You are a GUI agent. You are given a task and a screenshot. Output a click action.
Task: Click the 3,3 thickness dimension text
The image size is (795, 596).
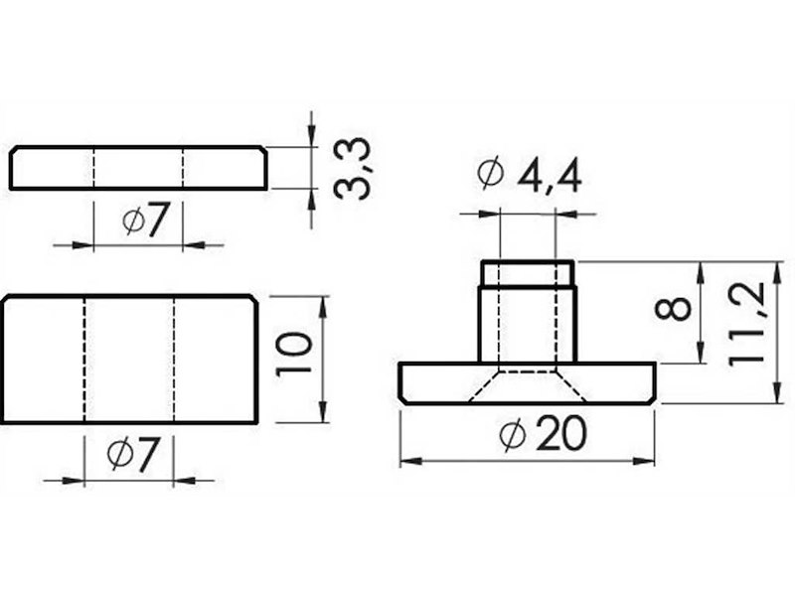(351, 169)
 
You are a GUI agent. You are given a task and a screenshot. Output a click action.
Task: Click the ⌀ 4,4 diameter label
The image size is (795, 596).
(529, 176)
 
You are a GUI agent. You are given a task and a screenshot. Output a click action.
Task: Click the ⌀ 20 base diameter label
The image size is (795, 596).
(531, 434)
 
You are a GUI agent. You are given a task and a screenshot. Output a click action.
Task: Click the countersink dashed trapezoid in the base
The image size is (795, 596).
(527, 388)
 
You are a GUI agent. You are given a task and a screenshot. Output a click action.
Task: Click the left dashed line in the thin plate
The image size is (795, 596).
(94, 169)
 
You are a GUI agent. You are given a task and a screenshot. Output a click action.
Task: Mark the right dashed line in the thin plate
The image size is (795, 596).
(184, 169)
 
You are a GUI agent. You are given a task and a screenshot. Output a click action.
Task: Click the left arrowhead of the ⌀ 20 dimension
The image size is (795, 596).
(407, 461)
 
